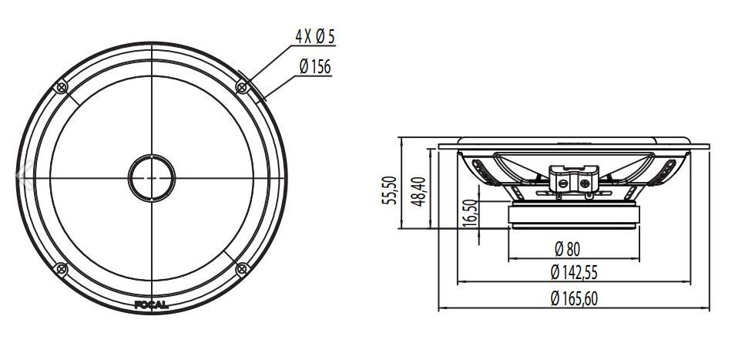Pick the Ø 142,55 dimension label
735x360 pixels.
point(574,272)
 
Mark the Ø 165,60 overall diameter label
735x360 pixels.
point(574,299)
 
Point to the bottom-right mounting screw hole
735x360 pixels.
point(242,268)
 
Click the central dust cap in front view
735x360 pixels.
point(152,178)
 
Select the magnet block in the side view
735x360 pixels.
point(573,216)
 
